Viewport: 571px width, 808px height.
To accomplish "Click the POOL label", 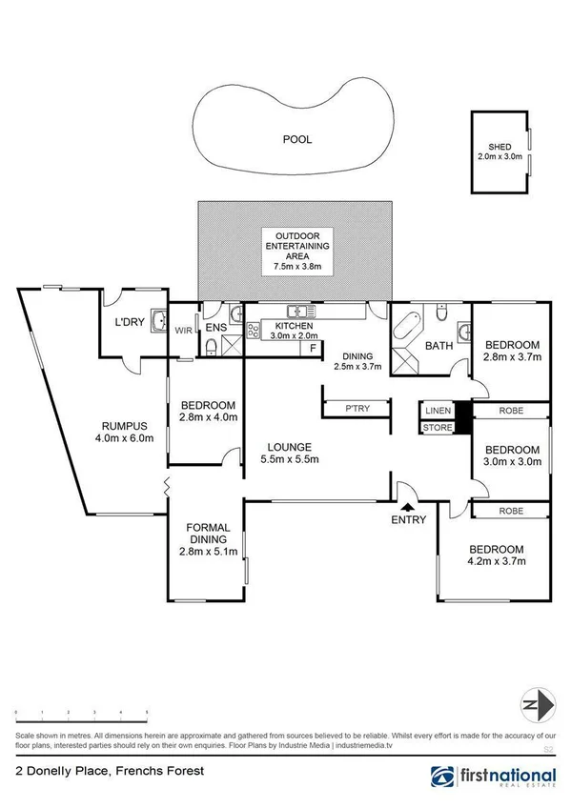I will click(296, 139).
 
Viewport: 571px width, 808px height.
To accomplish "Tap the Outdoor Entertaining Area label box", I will click(296, 252).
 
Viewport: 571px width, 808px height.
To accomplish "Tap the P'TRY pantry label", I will click(357, 407).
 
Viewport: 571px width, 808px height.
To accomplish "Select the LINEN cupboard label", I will click(438, 410).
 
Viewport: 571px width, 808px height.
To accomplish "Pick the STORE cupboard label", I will click(438, 428).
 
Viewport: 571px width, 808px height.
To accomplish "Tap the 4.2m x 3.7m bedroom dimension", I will click(496, 563).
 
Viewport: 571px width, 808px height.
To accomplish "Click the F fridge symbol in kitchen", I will click(312, 349).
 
